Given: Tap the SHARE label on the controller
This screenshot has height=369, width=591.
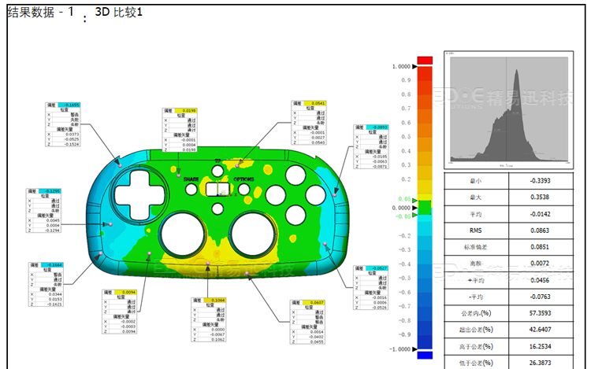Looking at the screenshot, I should point(191,179).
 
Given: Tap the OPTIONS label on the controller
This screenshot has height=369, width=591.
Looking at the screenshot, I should point(243,179).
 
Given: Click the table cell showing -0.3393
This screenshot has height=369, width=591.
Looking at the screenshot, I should point(541,180).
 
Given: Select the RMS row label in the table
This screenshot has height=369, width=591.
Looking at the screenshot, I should point(475,231).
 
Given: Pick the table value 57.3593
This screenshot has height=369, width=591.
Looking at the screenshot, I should point(541,312).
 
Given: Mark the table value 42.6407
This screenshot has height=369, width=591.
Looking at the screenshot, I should point(541,329).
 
